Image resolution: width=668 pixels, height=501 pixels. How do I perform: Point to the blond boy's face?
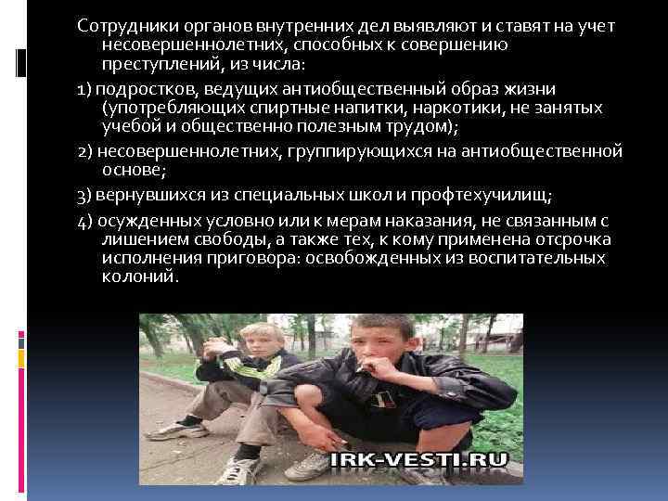256,340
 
